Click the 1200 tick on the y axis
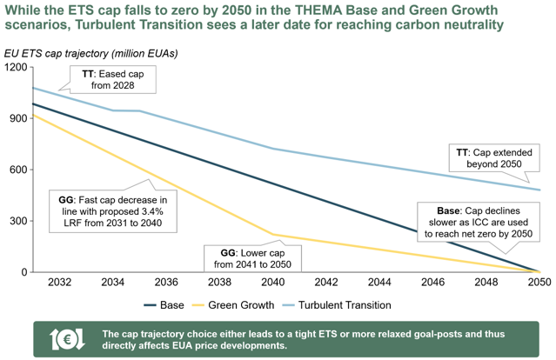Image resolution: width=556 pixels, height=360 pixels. click(x=16, y=67)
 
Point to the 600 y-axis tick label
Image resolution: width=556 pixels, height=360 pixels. click(x=18, y=170)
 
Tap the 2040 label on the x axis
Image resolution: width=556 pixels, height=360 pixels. click(x=273, y=282)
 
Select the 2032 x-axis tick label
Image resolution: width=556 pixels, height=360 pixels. click(x=59, y=282)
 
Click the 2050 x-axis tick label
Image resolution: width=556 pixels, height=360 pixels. click(x=539, y=282)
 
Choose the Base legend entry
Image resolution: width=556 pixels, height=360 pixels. click(x=164, y=305)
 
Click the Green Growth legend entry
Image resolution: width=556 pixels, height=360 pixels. click(x=233, y=305)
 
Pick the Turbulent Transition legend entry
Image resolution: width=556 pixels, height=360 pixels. click(x=337, y=305)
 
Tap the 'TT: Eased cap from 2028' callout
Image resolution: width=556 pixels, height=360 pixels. click(x=113, y=80)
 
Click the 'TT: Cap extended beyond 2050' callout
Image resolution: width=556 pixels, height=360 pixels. click(x=494, y=158)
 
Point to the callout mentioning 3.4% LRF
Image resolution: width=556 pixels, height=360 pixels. click(x=113, y=211)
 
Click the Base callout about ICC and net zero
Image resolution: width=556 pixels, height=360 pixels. click(x=479, y=222)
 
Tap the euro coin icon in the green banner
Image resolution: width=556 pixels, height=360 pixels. click(x=67, y=339)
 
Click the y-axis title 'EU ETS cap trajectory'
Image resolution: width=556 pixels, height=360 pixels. click(x=57, y=54)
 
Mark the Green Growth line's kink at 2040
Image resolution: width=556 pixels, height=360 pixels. click(x=273, y=235)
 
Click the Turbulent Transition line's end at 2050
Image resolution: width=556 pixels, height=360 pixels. click(x=539, y=190)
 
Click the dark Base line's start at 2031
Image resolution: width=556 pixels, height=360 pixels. click(x=32, y=103)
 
